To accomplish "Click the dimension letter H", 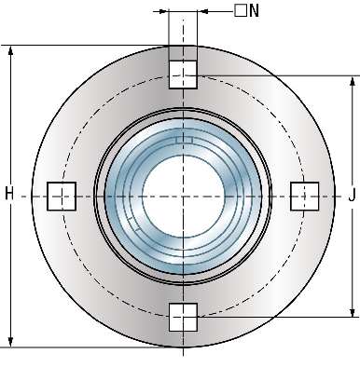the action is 9,194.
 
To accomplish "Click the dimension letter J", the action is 352,196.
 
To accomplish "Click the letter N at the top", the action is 254,11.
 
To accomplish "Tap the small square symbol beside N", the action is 241,10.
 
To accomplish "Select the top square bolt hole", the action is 183,75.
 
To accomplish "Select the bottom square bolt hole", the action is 183,318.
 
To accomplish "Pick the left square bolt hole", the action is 62,197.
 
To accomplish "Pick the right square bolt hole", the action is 305,197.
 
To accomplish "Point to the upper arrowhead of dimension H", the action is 10,50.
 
